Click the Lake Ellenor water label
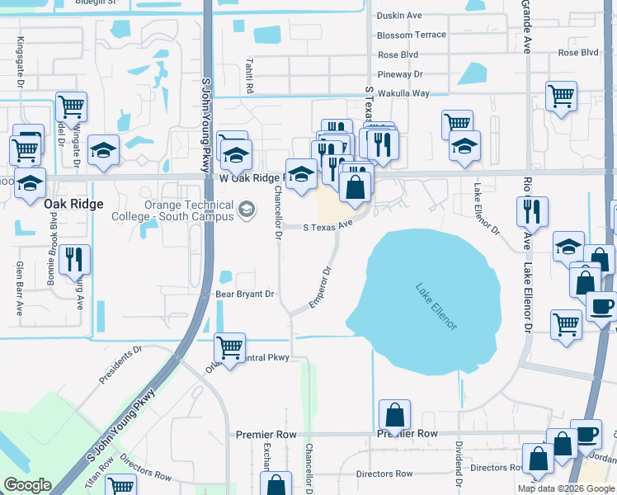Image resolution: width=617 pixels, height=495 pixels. (436, 307)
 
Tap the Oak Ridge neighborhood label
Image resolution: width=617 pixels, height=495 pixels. (73, 204)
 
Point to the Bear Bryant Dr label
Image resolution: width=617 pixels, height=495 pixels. (243, 293)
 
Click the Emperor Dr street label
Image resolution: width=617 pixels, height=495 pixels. (320, 287)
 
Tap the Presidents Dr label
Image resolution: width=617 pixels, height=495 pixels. (120, 364)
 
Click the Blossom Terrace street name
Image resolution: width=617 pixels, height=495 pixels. (411, 35)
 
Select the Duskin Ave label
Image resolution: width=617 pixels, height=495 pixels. (398, 16)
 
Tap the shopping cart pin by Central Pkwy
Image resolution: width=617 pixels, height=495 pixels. (229, 347)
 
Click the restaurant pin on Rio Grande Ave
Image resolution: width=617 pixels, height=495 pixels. (532, 211)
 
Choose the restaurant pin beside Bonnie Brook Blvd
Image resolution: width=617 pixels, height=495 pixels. (75, 259)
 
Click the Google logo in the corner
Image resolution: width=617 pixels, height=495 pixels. (26, 485)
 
